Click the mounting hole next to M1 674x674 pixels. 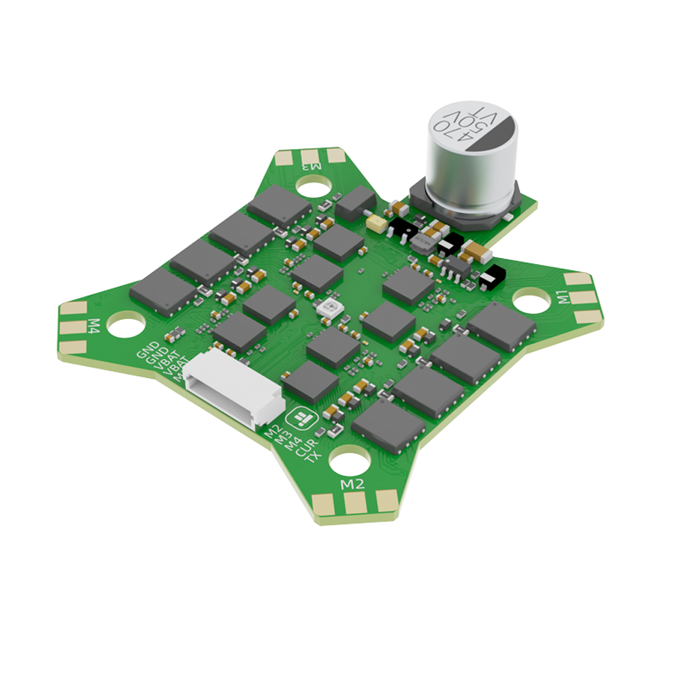click(532, 301)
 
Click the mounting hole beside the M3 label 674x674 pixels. click(312, 183)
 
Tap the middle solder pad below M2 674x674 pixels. click(354, 503)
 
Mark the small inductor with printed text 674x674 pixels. click(423, 243)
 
